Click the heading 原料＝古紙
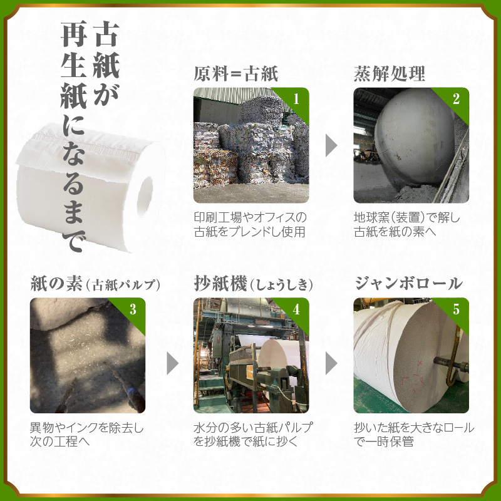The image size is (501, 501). click(236, 74)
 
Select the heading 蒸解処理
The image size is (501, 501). click(389, 74)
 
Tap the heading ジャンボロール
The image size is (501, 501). click(409, 284)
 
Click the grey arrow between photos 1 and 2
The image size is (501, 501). click(331, 145)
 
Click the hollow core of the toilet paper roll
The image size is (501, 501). click(145, 197)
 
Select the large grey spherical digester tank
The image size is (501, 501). click(415, 137)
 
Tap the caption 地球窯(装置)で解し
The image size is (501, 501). click(406, 217)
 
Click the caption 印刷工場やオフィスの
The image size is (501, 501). click(250, 217)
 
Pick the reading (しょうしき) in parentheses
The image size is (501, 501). click(281, 285)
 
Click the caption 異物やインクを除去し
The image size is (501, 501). click(87, 428)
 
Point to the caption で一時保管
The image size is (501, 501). click(384, 442)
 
